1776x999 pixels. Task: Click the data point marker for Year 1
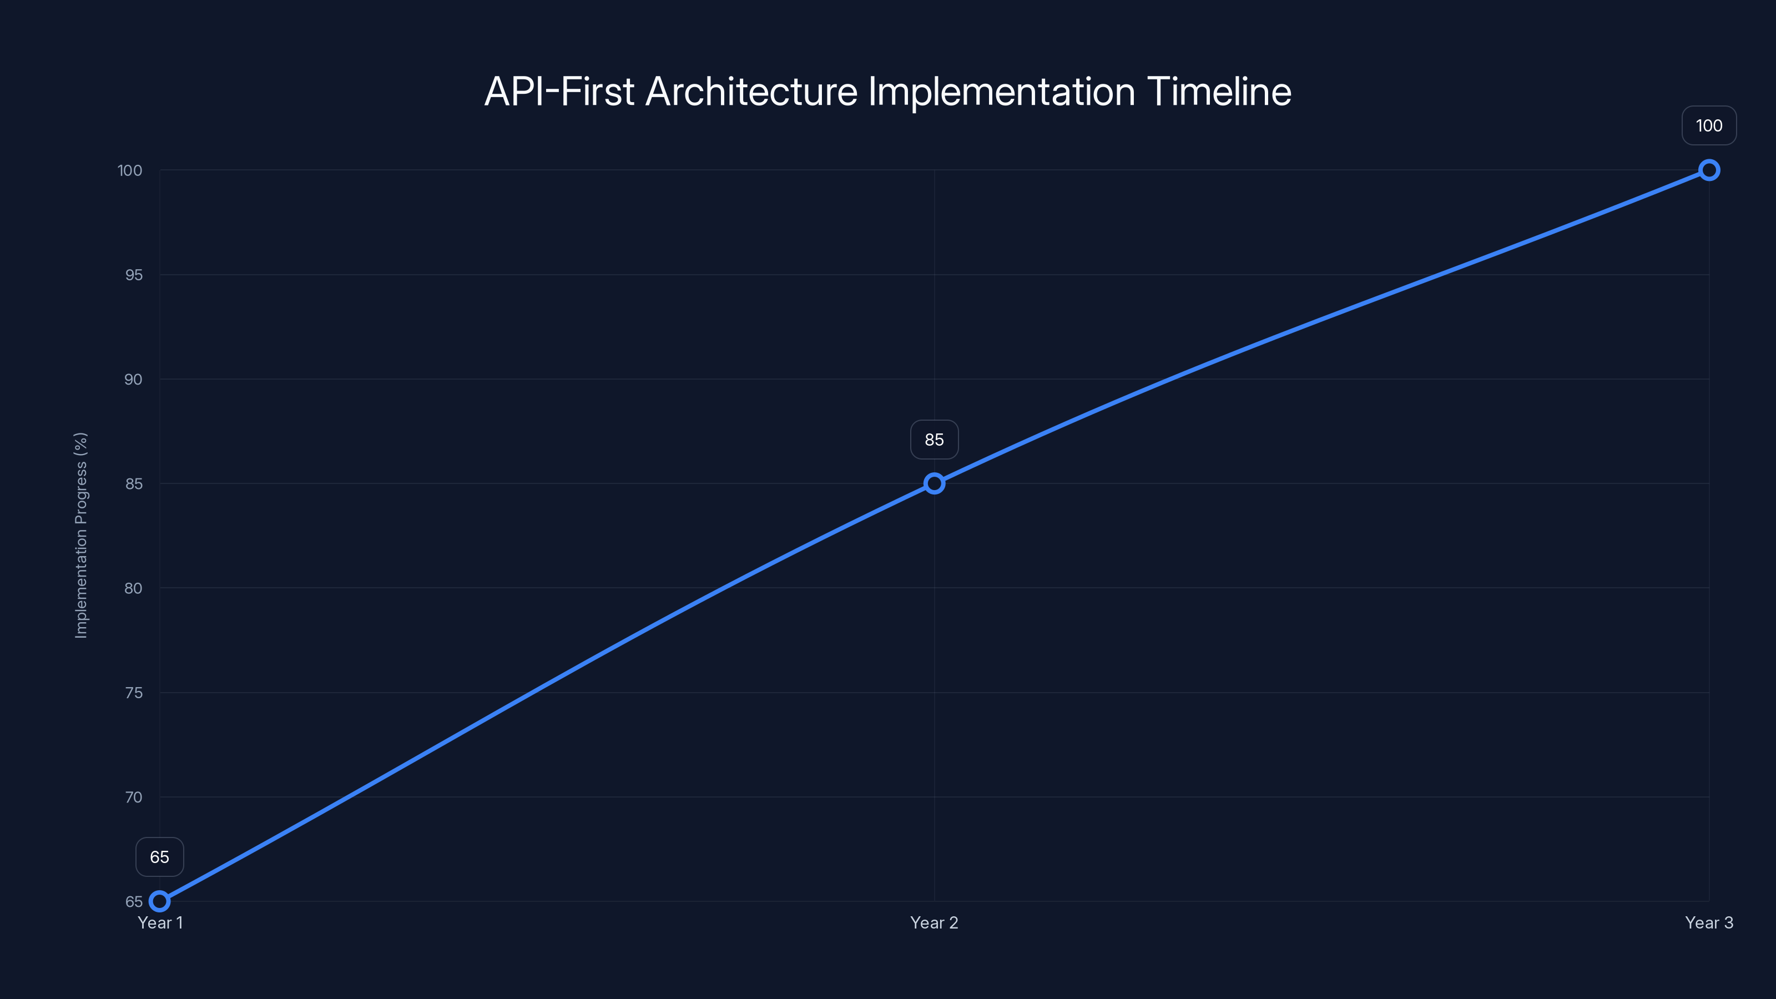[x=159, y=901]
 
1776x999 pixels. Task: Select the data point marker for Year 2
[x=934, y=483]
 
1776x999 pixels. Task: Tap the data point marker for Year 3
[x=1709, y=170]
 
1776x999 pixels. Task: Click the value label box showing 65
[x=159, y=857]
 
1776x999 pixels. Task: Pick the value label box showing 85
[x=934, y=440]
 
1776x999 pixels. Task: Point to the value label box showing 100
[x=1709, y=125]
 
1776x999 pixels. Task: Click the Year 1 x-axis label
[x=160, y=922]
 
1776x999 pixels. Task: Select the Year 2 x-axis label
[x=934, y=922]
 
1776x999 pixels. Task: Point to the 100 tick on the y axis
[x=130, y=170]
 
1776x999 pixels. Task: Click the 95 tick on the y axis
[x=134, y=275]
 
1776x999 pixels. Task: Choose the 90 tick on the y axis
[x=134, y=379]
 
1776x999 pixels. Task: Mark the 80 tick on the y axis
[x=134, y=588]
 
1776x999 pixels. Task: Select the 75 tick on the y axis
[x=134, y=693]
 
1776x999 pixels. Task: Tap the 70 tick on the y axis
[x=134, y=797]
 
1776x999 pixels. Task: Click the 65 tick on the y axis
[x=134, y=902]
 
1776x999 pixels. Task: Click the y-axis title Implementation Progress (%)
[x=82, y=535]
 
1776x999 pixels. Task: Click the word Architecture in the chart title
[x=751, y=92]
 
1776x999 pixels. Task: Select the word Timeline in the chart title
[x=1219, y=92]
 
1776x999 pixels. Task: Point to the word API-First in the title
[x=559, y=92]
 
